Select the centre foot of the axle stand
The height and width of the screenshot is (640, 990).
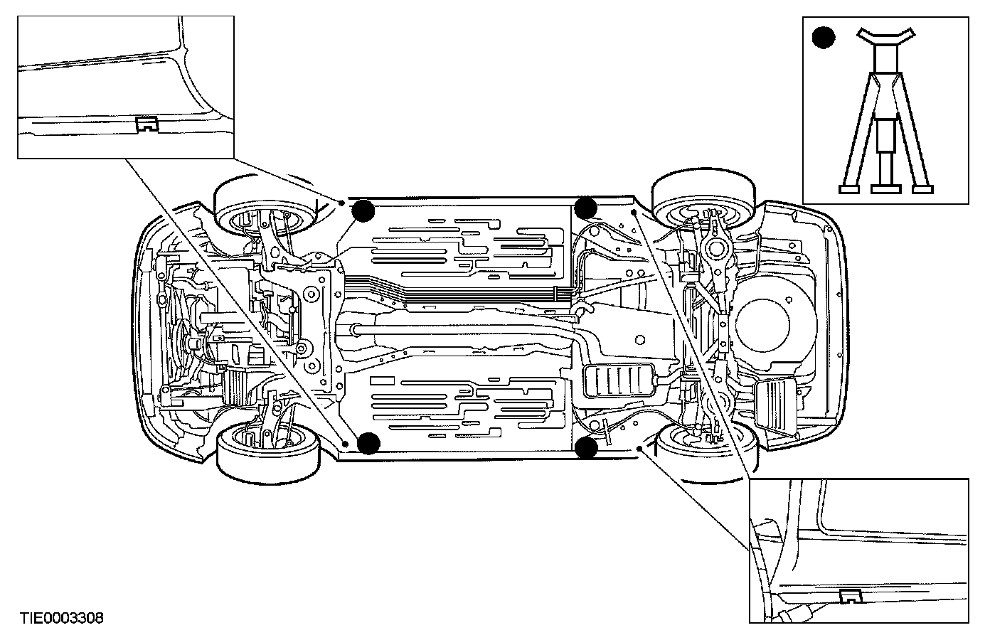pyautogui.click(x=885, y=188)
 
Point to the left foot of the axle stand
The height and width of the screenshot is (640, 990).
pyautogui.click(x=848, y=188)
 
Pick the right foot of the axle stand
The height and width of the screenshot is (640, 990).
pyautogui.click(x=923, y=188)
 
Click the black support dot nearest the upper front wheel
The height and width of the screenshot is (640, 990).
pyautogui.click(x=363, y=210)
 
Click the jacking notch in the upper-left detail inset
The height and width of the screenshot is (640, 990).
pyautogui.click(x=147, y=124)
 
